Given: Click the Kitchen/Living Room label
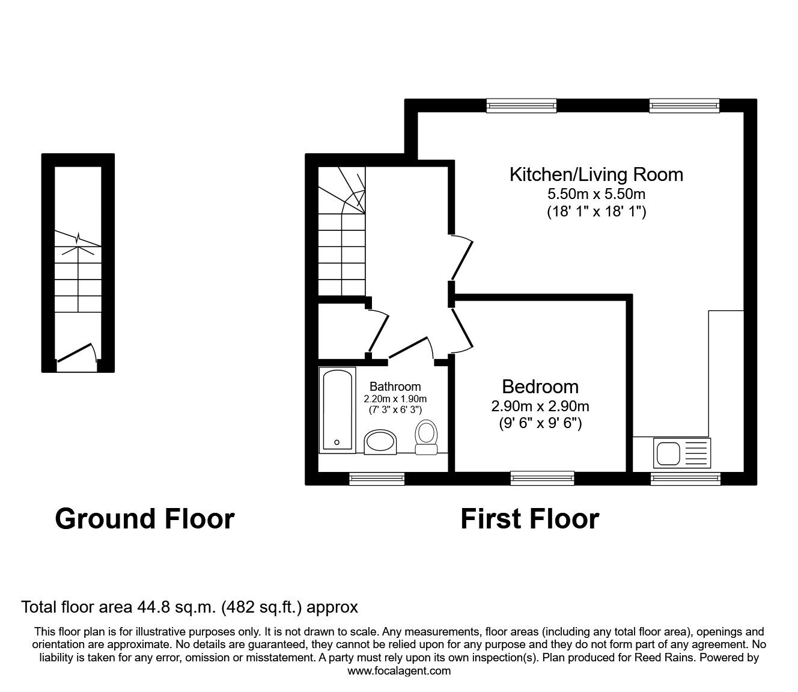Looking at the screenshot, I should coord(596,174).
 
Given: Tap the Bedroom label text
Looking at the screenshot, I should coord(540,387).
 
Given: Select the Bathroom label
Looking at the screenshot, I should coord(395,387).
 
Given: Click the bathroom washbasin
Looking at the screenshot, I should coord(381,442).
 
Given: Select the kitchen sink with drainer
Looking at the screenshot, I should coord(683,453).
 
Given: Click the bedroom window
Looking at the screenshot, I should coord(542,478).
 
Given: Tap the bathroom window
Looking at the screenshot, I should coord(377,478).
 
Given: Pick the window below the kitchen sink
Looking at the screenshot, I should coord(685,478).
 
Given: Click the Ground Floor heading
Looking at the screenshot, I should coord(144,518).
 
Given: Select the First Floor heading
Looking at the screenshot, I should coord(529,518).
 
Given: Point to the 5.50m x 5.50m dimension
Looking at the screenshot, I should coord(596,194).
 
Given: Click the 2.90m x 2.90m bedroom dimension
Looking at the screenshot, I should coord(540,406).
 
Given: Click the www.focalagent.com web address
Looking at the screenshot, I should coord(399,670).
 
